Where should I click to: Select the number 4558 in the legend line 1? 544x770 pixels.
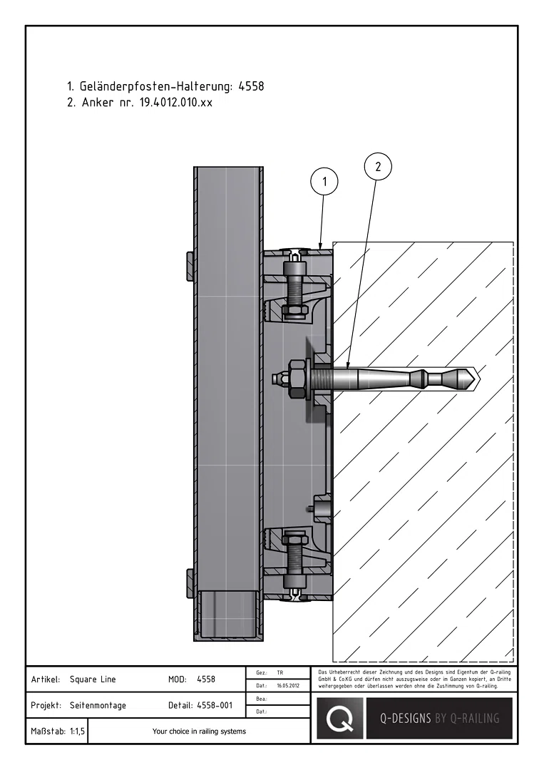coord(251,86)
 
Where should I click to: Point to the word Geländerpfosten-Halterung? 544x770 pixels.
coord(156,86)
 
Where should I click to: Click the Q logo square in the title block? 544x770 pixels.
coord(340,718)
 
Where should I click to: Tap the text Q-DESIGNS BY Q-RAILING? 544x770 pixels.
coord(439,719)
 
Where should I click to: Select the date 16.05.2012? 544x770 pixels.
coord(288,686)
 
